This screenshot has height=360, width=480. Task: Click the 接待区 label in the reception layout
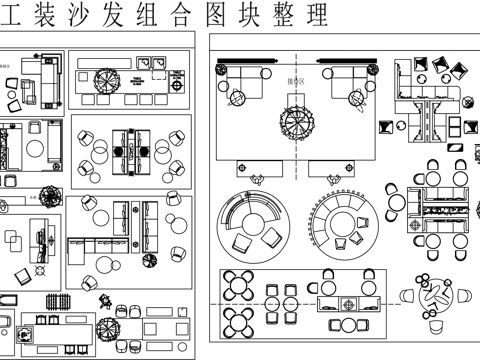coord(295,83)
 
